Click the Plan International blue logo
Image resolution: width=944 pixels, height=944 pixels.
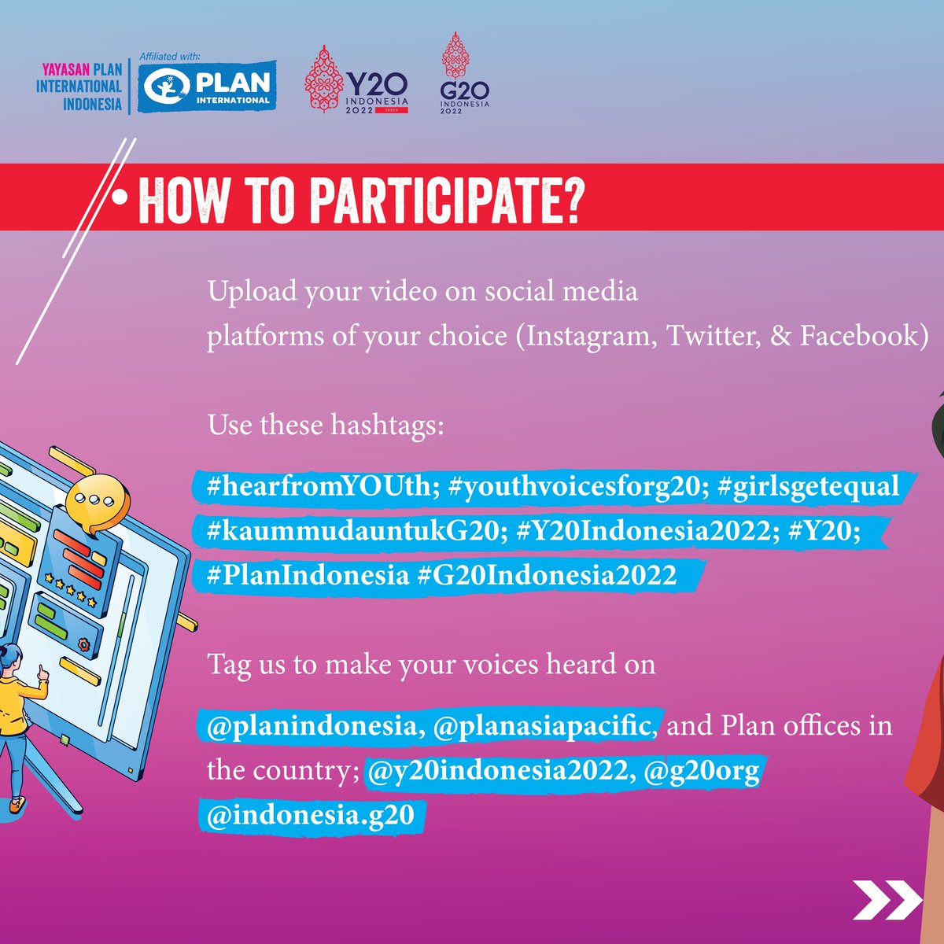click(208, 87)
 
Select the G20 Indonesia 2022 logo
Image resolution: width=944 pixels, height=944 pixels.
click(464, 75)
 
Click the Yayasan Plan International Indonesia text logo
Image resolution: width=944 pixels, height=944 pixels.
click(79, 87)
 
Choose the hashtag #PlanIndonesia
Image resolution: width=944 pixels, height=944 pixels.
click(308, 574)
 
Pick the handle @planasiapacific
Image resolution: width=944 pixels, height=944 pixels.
click(543, 725)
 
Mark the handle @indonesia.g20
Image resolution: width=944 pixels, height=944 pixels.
click(310, 814)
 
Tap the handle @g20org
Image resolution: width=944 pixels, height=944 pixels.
click(702, 769)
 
